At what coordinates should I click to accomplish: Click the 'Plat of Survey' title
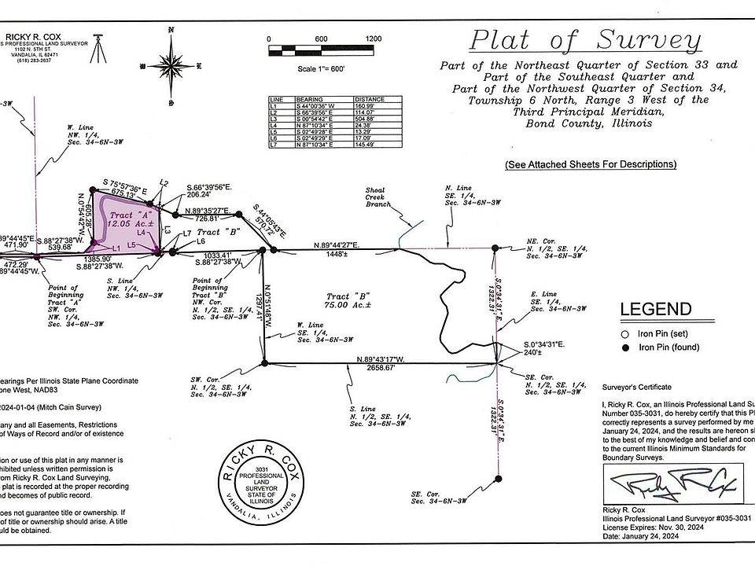pos(585,40)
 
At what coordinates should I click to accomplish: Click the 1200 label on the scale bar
pos(373,39)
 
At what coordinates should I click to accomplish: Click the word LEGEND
pos(656,310)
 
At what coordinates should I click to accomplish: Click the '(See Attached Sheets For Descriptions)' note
pos(591,164)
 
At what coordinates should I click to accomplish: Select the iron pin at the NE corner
pos(495,248)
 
